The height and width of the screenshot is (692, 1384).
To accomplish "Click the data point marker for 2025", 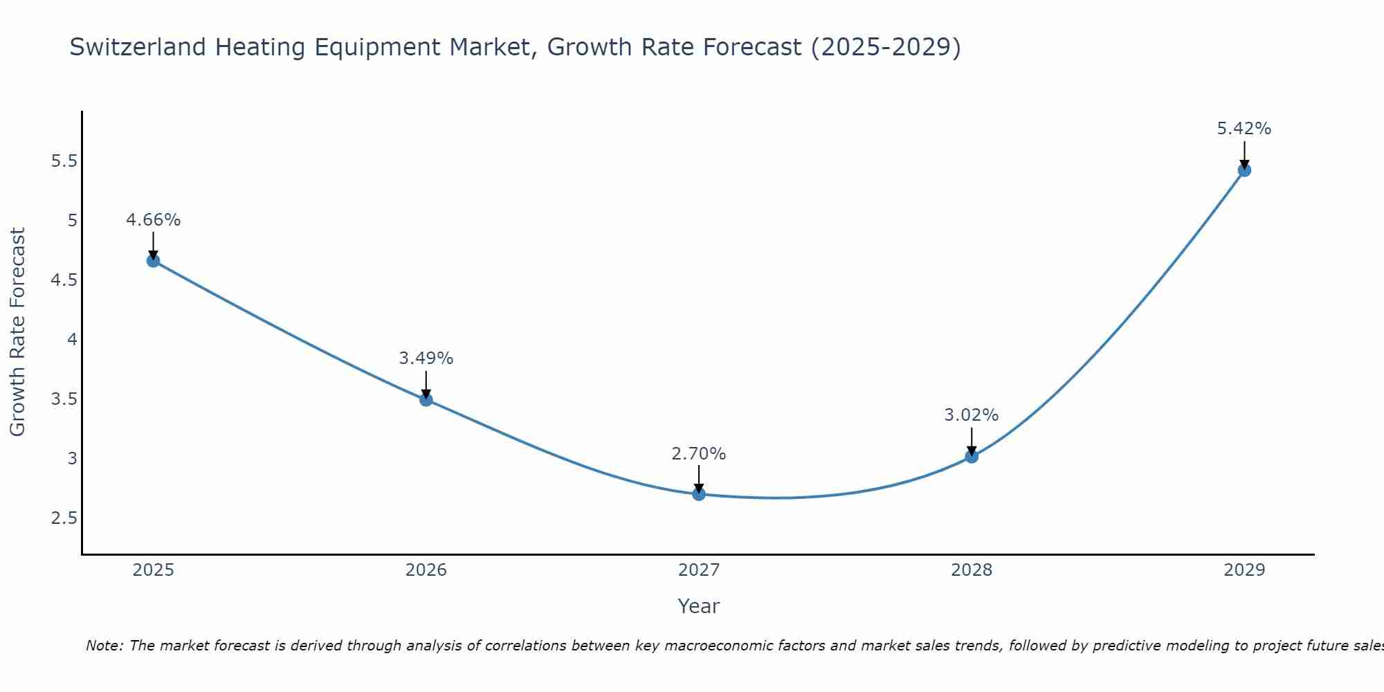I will [x=153, y=261].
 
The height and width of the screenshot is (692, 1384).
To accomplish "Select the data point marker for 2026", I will [x=426, y=399].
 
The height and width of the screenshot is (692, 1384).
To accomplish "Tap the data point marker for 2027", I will [x=698, y=494].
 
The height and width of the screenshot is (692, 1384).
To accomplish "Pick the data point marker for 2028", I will [x=972, y=457].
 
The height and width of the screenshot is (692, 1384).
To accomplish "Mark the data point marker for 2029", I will [x=1244, y=170].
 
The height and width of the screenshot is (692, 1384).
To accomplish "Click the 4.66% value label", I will [x=153, y=220].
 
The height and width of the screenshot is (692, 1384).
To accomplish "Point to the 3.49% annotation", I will [x=426, y=358].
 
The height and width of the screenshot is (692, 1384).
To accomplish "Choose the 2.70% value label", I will [x=698, y=454].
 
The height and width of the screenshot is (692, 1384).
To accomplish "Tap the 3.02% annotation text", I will [x=972, y=415].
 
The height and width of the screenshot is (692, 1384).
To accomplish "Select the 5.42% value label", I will [x=1244, y=129].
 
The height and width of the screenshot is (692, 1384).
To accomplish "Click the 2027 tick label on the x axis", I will [x=698, y=570].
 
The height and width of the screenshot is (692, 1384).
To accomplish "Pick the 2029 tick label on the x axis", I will [x=1244, y=570].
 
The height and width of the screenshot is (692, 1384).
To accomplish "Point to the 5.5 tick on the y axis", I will [x=64, y=162].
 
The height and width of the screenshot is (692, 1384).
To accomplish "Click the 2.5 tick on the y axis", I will [x=64, y=518].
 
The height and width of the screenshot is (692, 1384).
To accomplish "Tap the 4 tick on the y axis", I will [x=72, y=340].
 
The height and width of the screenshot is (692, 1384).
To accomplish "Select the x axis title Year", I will [x=698, y=606].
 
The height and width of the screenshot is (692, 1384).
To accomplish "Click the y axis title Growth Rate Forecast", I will [x=17, y=332].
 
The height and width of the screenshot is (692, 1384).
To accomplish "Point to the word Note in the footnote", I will [x=103, y=646].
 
